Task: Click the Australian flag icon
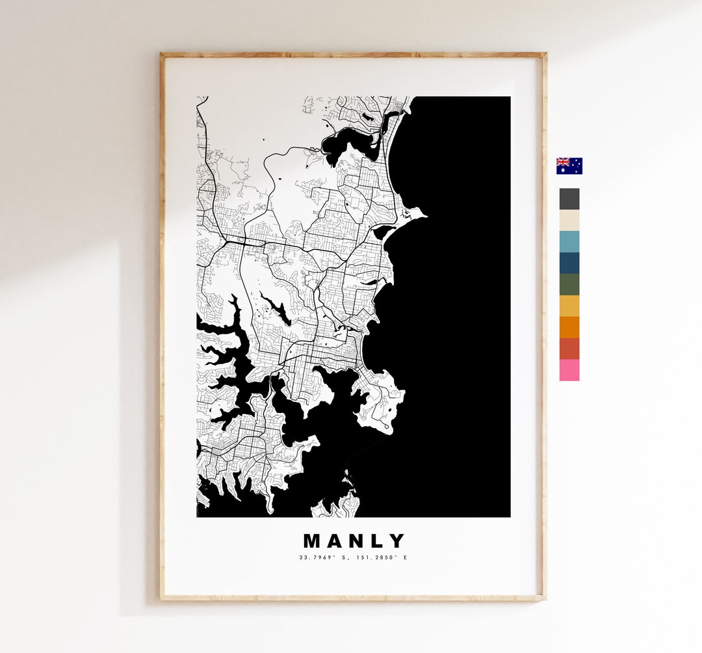[569, 166]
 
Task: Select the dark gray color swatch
[569, 199]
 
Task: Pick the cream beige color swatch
[569, 220]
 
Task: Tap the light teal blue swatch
[569, 242]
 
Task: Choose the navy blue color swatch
[569, 263]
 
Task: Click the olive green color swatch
[569, 285]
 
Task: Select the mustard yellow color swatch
[569, 306]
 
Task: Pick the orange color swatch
[569, 327]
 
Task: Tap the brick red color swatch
[569, 349]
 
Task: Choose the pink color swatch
[569, 370]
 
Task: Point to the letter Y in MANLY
[396, 541]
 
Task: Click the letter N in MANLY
[356, 541]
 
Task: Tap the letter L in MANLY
[377, 541]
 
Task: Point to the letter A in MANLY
[335, 541]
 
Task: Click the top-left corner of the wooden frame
[162, 55]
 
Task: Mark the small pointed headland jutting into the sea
[421, 213]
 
